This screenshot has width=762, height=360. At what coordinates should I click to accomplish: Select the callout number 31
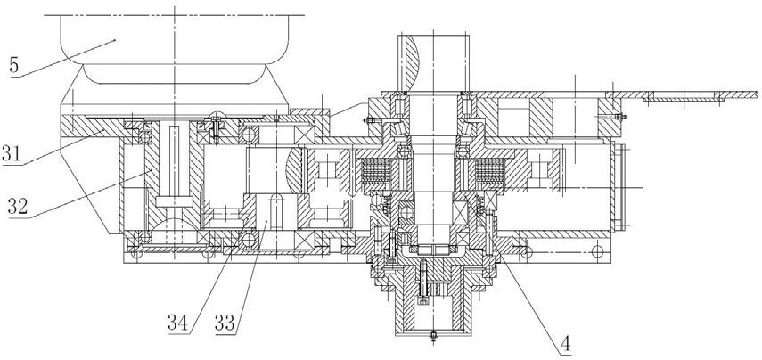click(12, 155)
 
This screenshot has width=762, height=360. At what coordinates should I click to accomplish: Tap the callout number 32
click(18, 207)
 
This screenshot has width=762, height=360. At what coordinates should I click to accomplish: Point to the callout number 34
click(176, 323)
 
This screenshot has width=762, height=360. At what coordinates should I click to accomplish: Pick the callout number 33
click(224, 323)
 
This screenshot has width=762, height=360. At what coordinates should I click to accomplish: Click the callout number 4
click(566, 345)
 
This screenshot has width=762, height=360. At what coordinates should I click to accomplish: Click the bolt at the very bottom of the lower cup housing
click(433, 336)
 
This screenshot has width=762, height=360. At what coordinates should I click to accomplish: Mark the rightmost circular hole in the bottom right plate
click(597, 251)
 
